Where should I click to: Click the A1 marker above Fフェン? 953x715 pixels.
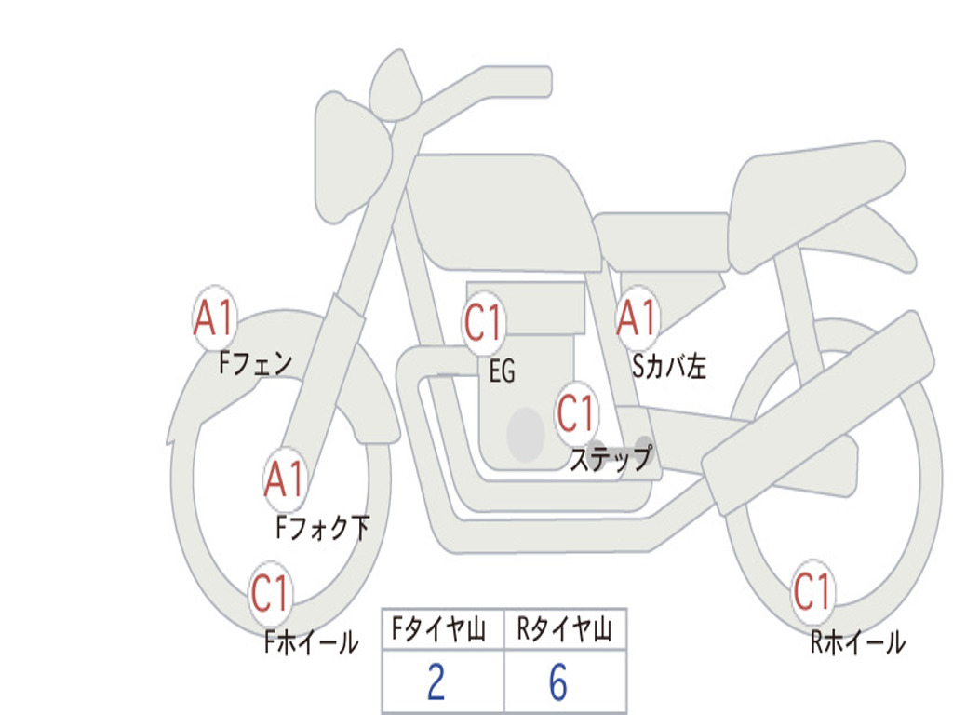pos(215,318)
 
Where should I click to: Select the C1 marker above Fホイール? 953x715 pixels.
pos(271,594)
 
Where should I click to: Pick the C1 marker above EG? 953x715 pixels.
pos(484,323)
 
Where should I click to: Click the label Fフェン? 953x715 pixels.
pos(255,362)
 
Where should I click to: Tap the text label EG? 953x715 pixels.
pos(502,372)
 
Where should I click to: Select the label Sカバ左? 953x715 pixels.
pos(669,367)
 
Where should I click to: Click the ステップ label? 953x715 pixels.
pos(611,459)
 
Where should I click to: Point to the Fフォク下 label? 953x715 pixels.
pos(322,528)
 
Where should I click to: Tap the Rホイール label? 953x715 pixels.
pos(857,641)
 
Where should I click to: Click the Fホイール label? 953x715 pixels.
pos(311,641)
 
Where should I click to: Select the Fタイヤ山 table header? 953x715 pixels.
pos(443,631)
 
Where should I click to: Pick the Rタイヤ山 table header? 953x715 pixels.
pos(565,631)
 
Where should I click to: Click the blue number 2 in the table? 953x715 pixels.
pos(436,682)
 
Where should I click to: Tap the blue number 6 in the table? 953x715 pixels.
pos(558,682)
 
